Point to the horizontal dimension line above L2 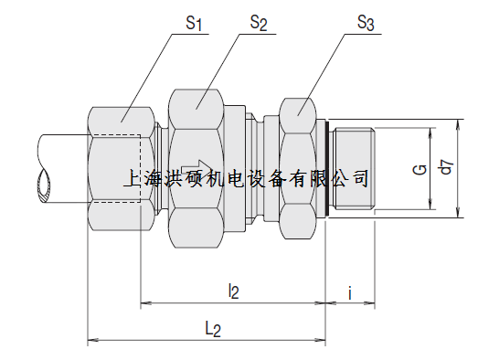pos(207,341)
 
